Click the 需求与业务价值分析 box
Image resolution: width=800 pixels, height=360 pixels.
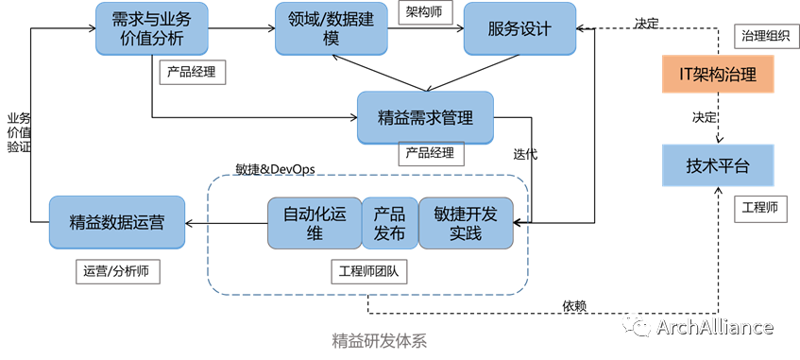click(152, 28)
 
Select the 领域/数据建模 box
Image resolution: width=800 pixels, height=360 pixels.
click(331, 28)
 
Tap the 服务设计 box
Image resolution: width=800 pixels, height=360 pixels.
click(519, 28)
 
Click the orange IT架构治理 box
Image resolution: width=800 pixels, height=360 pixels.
click(718, 75)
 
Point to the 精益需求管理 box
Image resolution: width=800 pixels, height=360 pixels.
click(425, 118)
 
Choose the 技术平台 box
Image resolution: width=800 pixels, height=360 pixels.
click(718, 166)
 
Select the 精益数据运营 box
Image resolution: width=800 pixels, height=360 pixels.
click(117, 223)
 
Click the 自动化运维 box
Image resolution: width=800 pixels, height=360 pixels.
click(315, 224)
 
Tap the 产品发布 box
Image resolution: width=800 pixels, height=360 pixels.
click(390, 224)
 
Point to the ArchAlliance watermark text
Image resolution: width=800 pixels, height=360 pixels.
click(715, 327)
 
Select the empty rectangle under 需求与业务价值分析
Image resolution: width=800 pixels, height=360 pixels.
click(193, 73)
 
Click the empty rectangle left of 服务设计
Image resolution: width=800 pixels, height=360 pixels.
click(425, 12)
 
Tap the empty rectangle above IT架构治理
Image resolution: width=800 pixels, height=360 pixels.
click(765, 36)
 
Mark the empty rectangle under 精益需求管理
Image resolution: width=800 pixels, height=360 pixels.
click(431, 155)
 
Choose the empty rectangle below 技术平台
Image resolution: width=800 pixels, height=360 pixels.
click(760, 209)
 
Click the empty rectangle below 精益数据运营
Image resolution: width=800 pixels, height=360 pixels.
click(118, 271)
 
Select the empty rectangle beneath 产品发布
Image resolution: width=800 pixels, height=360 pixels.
click(369, 271)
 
